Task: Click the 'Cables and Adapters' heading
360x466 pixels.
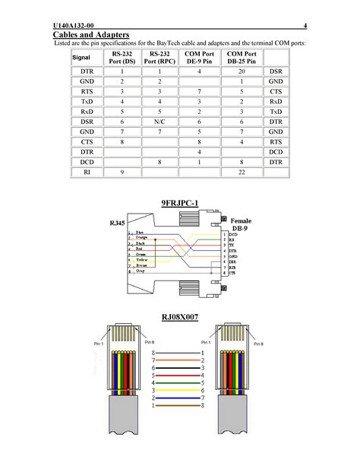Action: [90, 35]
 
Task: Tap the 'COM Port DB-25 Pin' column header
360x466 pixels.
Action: [241, 58]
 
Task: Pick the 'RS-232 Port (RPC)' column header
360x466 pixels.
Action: [160, 58]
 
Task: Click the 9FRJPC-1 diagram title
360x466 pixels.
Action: [179, 203]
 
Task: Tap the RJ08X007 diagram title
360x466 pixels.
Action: [179, 315]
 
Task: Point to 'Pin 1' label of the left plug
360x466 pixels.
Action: [102, 344]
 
